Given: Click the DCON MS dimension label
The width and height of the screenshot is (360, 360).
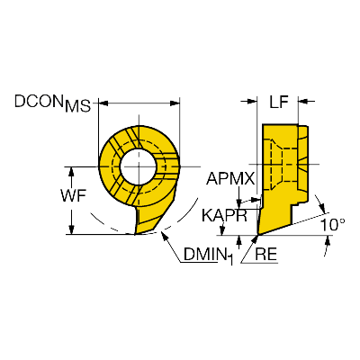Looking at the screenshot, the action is (x=52, y=103).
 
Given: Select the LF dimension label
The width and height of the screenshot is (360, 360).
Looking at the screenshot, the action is (x=279, y=103).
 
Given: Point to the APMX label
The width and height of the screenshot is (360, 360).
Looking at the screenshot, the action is (x=230, y=179).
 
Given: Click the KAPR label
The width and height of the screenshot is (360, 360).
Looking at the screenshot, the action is (x=224, y=215).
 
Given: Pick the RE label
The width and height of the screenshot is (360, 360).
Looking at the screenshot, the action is (x=265, y=255).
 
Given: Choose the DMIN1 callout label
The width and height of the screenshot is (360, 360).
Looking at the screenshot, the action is (x=208, y=256).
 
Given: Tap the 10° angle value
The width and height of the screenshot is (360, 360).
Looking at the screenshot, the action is (x=332, y=225).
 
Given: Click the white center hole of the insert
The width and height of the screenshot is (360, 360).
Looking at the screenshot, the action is (x=139, y=166).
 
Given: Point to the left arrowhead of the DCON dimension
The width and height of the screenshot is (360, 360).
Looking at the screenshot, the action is (x=103, y=103).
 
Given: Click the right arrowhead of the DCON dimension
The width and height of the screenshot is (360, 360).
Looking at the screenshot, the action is (x=175, y=103).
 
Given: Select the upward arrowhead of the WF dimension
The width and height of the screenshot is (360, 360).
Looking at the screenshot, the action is (x=71, y=172).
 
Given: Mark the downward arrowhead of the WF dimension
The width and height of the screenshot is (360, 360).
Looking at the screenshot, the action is (x=71, y=229).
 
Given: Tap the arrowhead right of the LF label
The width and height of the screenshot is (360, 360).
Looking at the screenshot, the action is (x=303, y=102).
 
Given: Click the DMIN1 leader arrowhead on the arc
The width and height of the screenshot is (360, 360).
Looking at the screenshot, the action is (x=165, y=235).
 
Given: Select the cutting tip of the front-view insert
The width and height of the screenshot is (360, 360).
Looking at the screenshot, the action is (x=135, y=234).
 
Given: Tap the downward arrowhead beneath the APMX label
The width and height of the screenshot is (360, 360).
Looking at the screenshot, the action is (x=239, y=201).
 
